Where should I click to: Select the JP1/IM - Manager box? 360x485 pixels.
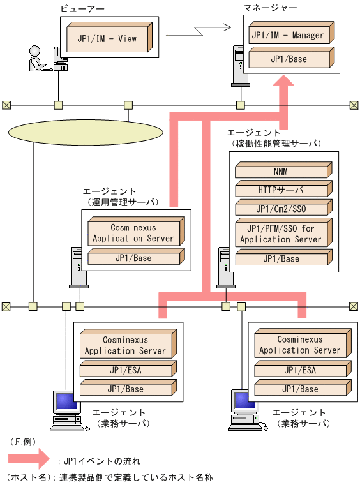coord(287,36)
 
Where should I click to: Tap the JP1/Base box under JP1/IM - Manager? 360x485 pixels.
coord(287,59)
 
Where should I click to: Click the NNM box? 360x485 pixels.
coord(281,171)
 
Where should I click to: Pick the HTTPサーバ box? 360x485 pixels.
coord(281,190)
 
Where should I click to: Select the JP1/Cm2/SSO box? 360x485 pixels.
coord(281,208)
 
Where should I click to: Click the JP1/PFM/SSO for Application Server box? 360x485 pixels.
coord(281,234)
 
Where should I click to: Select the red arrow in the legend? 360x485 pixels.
coord(28,458)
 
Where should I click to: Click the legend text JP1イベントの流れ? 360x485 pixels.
coord(102,460)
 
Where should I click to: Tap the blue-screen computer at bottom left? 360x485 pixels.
coord(64,408)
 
